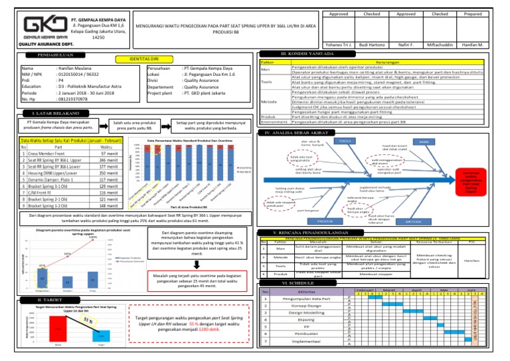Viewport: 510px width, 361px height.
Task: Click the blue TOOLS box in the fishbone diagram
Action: pos(345,141)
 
